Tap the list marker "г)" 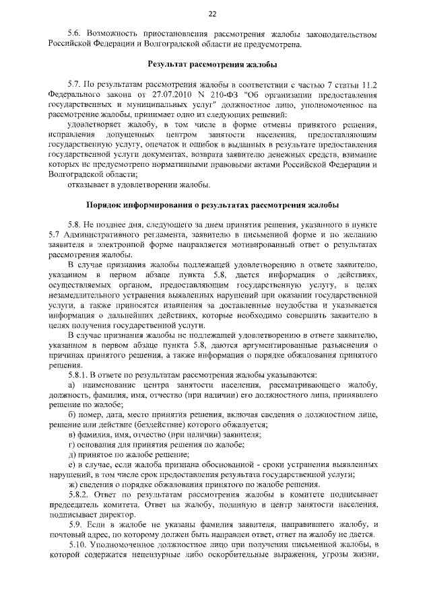coord(72,445)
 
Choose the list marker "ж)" coord(73,485)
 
